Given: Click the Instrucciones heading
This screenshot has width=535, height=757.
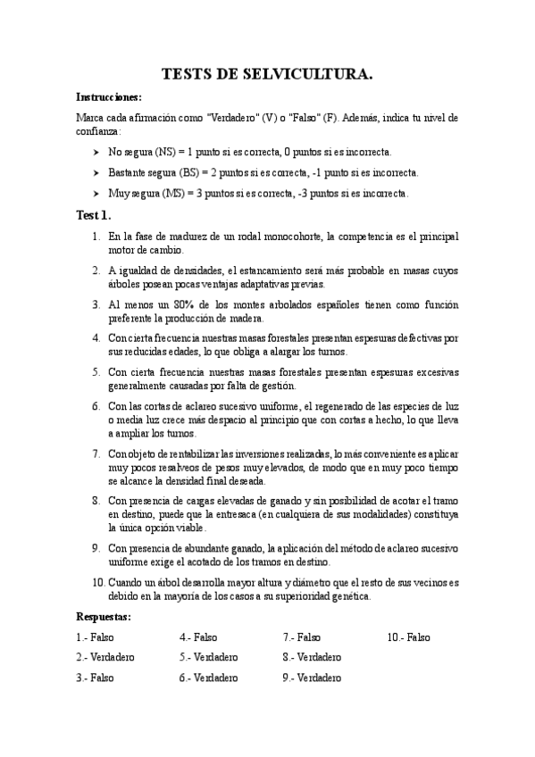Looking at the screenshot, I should click(109, 97).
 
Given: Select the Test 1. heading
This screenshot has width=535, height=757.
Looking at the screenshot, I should click(94, 215).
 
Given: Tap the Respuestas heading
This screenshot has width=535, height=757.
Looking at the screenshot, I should click(104, 617).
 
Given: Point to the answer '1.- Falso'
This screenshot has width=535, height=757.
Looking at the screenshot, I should click(96, 637).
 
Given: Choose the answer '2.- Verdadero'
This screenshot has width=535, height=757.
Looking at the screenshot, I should click(105, 657).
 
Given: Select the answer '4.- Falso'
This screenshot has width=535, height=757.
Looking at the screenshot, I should click(198, 637).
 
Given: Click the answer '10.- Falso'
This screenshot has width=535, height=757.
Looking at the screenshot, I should click(408, 637).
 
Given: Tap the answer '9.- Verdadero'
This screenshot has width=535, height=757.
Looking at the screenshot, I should click(312, 678).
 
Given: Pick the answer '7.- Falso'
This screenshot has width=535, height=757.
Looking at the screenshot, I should click(302, 637).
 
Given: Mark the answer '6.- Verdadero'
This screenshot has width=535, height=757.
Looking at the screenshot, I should click(208, 678).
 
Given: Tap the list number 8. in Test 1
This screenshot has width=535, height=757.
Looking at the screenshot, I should click(96, 501).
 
